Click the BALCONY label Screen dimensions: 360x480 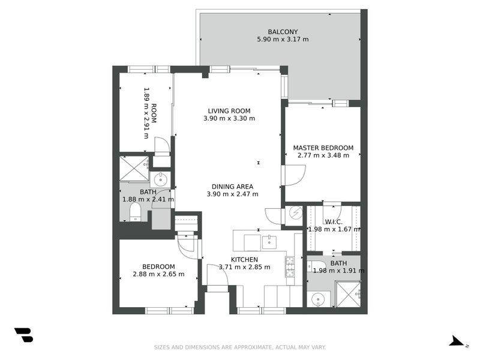pos(282,32)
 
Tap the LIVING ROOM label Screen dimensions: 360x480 pos(229,111)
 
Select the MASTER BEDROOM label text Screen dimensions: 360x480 pos(323,148)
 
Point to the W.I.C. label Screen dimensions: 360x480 pos(333,221)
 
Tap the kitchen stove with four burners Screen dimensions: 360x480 pos(289,266)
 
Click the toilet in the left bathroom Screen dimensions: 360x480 pos(136,212)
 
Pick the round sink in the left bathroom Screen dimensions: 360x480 pos(161,179)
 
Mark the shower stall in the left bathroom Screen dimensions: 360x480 pos(133,168)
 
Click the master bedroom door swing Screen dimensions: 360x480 pos(295,175)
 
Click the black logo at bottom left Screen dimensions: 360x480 pos(23,335)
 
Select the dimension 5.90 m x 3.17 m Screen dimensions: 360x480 pos(282,40)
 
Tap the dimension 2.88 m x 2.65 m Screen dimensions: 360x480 pos(158,275)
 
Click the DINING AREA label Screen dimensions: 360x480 pos(232,187)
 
